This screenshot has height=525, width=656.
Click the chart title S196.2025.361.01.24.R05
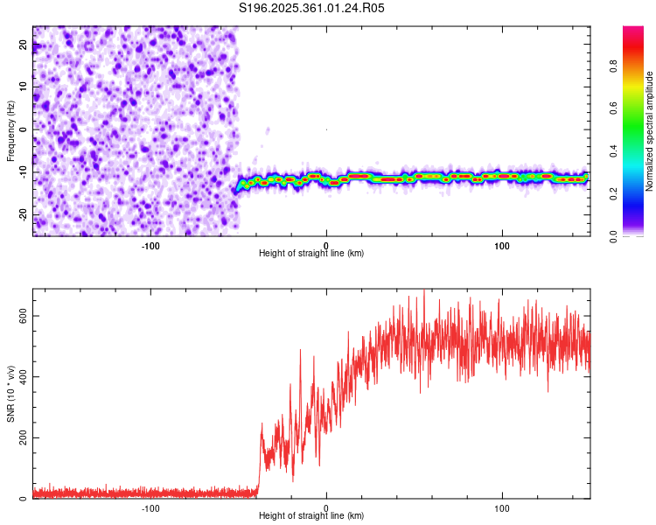click(312, 8)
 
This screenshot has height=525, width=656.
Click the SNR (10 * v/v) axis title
click(11, 392)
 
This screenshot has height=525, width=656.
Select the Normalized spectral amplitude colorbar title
click(648, 131)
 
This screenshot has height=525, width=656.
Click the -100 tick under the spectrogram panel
click(150, 245)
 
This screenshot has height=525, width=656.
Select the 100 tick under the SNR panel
click(502, 508)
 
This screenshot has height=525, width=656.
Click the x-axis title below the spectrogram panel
click(311, 253)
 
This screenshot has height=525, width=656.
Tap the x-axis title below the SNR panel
click(311, 517)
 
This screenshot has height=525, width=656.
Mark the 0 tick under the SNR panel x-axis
click(326, 508)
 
